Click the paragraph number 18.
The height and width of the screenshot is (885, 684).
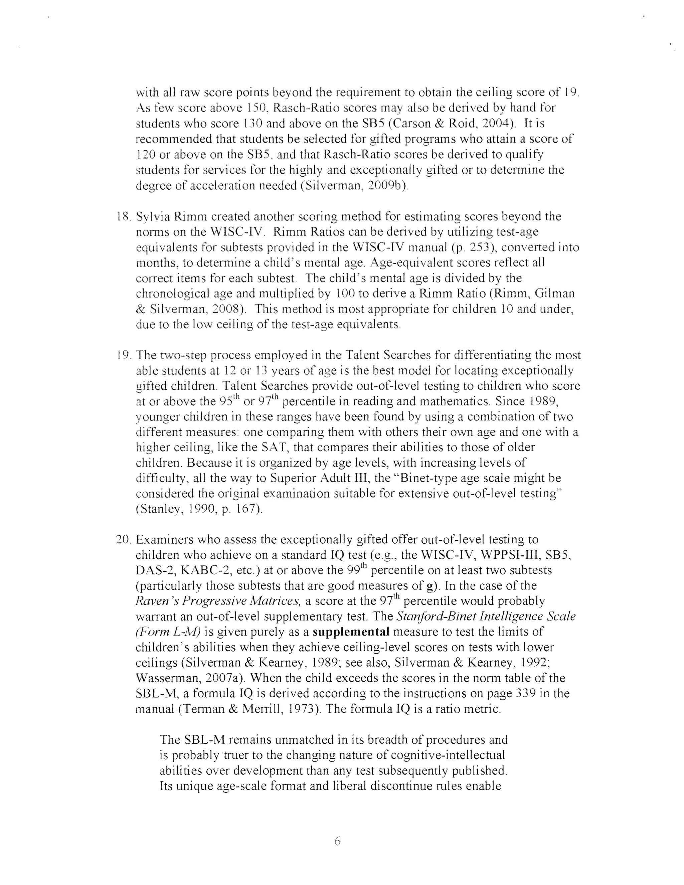tap(122, 217)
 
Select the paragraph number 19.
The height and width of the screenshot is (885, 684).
tap(122, 355)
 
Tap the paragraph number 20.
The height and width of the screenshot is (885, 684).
tap(123, 540)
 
